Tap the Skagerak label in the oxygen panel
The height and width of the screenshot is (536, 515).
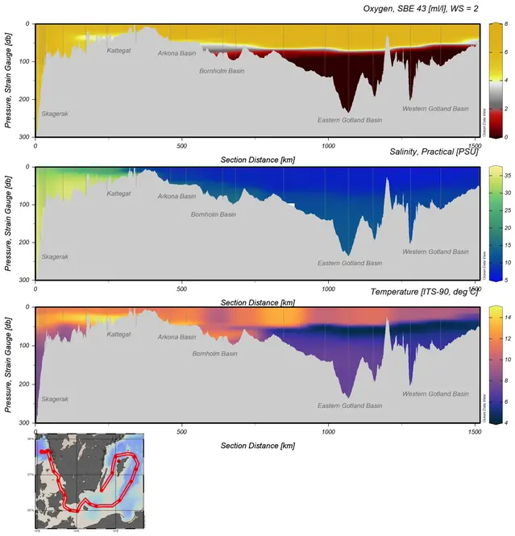click(55, 114)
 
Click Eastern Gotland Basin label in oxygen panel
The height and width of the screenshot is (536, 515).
click(350, 120)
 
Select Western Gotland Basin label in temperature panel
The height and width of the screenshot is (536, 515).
click(435, 394)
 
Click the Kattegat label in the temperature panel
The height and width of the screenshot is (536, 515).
click(118, 334)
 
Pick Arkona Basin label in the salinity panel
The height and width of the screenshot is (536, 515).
click(177, 196)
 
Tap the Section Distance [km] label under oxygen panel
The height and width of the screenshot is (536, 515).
click(256, 160)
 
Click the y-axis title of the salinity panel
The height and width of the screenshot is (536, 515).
click(9, 222)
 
